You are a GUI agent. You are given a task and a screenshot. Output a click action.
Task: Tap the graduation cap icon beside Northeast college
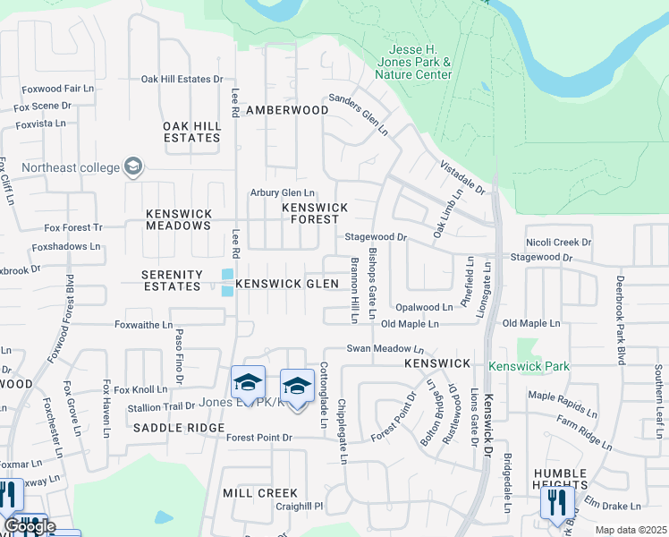[133, 167]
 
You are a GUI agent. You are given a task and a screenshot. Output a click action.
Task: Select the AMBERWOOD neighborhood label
[287, 109]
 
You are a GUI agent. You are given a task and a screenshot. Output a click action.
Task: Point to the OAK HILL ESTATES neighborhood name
[191, 132]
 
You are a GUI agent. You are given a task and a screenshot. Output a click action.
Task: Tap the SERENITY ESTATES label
[172, 280]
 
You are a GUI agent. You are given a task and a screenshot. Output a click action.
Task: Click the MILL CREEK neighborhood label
[260, 493]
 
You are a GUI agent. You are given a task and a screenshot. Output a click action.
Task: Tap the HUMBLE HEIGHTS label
[561, 480]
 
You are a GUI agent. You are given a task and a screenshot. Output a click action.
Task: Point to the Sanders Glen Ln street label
[358, 115]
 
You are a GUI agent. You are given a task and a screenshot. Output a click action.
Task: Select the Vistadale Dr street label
[462, 178]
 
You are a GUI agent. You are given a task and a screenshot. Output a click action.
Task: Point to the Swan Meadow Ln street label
[385, 349]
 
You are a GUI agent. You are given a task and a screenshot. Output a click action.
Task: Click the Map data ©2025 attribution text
[631, 530]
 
